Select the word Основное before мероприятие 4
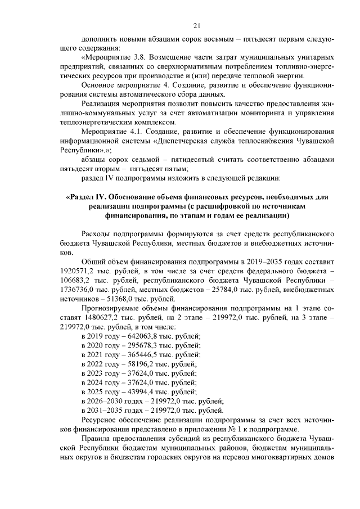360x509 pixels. pos(99,84)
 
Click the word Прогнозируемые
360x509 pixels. pos(109,308)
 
